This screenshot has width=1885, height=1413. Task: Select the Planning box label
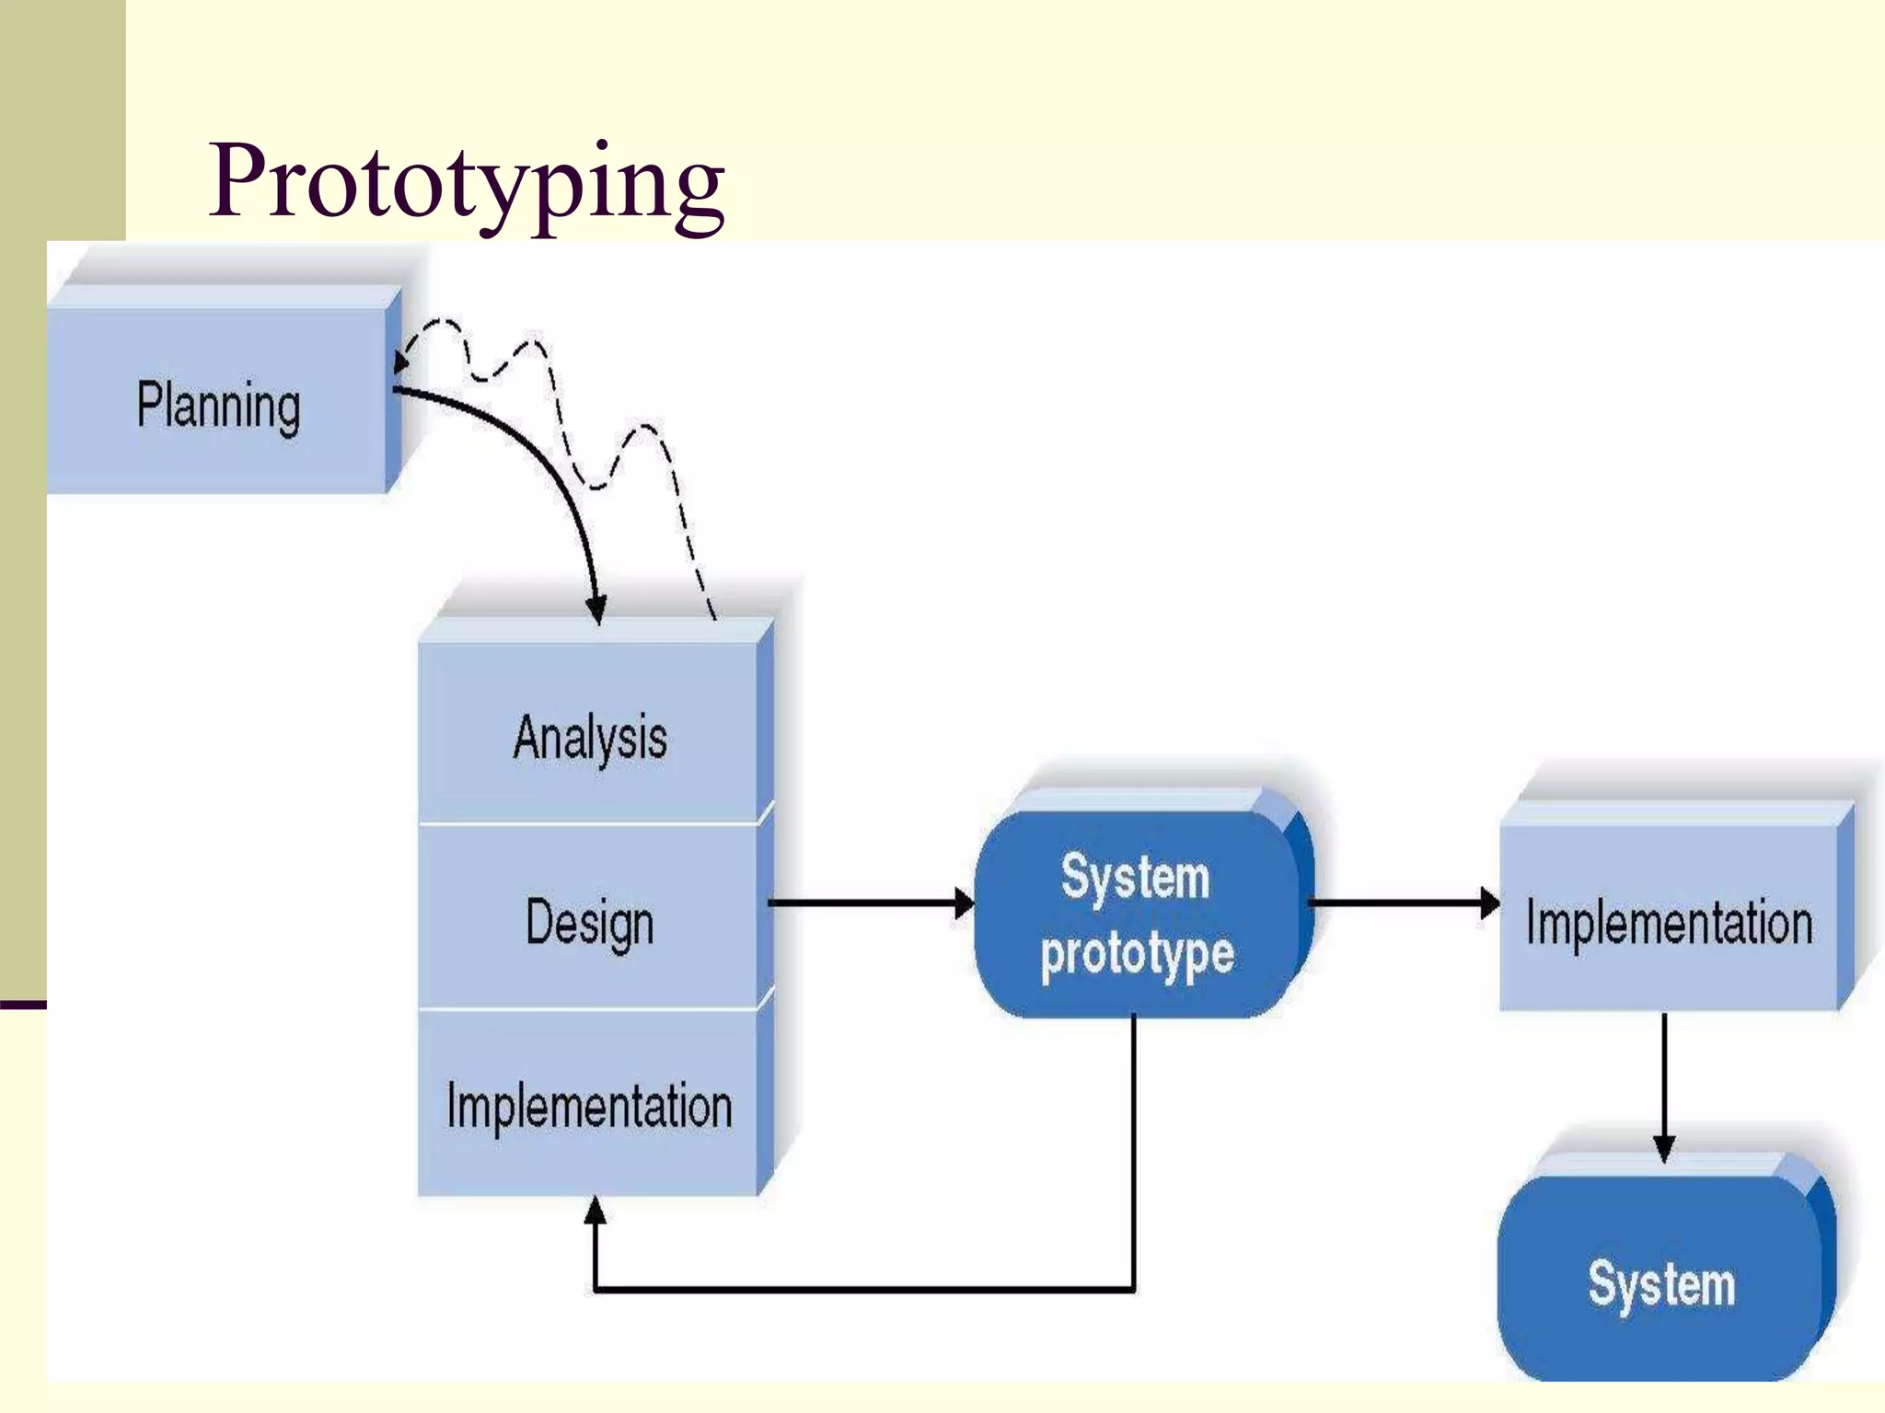[x=219, y=406]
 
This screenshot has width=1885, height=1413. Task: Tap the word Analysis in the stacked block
[x=590, y=738]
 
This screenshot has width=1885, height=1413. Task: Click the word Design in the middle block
[x=590, y=923]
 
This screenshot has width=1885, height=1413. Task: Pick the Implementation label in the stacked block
[x=590, y=1106]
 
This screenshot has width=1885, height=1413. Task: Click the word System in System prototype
[x=1135, y=877]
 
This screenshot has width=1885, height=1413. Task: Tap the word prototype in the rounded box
[x=1137, y=954]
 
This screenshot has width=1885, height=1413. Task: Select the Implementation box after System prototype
[x=1669, y=923]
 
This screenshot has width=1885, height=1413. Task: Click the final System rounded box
[x=1661, y=1283]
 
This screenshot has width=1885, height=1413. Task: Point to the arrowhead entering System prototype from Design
[x=965, y=903]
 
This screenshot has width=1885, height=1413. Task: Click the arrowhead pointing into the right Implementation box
[x=1489, y=903]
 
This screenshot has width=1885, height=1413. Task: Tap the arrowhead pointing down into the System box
[x=1664, y=1148]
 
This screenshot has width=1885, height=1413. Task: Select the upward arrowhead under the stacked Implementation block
[x=596, y=1210]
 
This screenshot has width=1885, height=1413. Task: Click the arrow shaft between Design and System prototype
[x=865, y=903]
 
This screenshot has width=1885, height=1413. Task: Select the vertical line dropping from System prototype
[x=1134, y=1150]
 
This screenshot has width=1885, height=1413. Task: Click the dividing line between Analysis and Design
[x=589, y=824]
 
